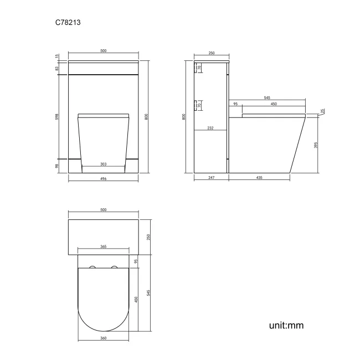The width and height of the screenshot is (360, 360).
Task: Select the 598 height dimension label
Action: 57,119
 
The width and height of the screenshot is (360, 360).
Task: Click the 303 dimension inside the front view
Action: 104,164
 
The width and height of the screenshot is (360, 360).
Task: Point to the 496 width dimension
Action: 104,179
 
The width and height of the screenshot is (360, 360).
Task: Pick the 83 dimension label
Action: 57,68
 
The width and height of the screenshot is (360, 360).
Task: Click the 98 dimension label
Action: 57,166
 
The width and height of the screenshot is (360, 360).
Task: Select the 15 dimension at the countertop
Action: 57,56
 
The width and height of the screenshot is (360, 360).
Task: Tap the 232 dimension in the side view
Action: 210,128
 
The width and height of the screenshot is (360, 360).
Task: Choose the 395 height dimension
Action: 317,145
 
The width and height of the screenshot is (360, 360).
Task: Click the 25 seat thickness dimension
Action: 323,112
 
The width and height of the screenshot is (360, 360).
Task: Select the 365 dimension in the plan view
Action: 104,247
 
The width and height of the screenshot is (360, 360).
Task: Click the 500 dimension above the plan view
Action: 104,209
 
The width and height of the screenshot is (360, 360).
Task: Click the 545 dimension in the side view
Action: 267,98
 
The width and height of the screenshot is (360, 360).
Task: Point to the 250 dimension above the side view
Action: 212,53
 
